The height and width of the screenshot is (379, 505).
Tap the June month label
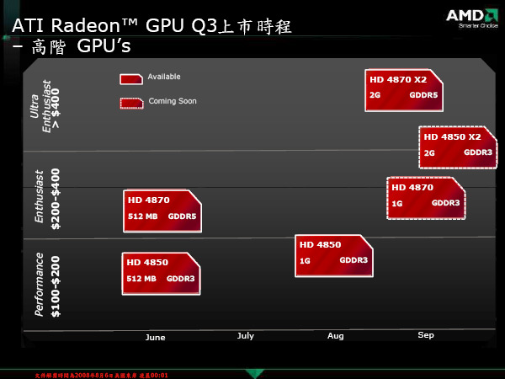(156, 337)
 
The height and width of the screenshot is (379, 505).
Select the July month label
(245, 336)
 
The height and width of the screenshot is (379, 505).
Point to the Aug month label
(336, 336)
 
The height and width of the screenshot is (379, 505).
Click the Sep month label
(426, 335)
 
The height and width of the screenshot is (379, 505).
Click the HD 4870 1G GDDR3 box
(425, 197)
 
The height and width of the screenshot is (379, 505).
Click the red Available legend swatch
(131, 78)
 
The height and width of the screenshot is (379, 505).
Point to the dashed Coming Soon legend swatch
(131, 103)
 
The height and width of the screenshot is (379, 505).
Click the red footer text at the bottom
(102, 374)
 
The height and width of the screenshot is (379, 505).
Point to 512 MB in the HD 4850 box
(141, 279)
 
